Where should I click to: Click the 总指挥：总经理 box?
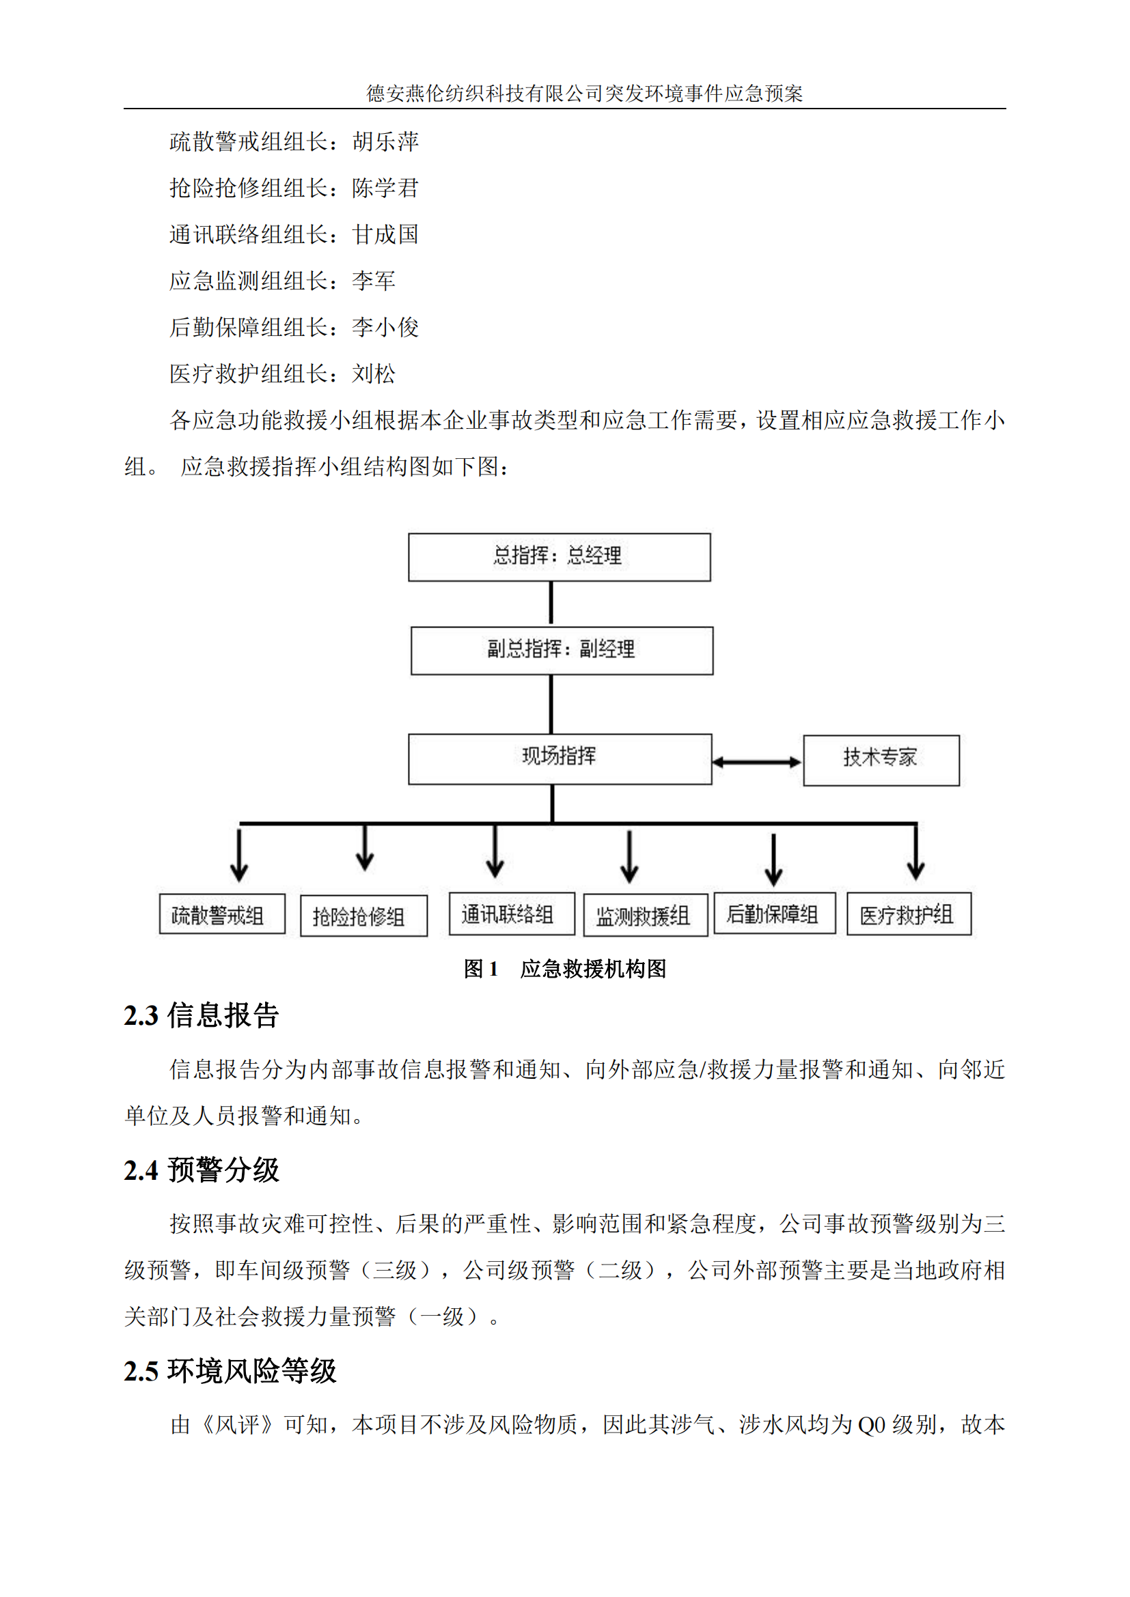pos(559,556)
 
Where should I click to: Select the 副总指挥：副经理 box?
pos(562,651)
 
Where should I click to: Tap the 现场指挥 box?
pos(560,759)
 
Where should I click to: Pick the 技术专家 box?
pos(881,760)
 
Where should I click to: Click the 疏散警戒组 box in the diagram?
pos(222,914)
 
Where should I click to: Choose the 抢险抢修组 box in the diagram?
pos(363,916)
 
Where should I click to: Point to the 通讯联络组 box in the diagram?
pos(512,914)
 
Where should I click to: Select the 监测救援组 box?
pos(645,915)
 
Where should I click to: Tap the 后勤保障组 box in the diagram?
pos(775,913)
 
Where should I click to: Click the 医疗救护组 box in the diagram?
pos(909,914)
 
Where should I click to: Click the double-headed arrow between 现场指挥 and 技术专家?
pos(757,762)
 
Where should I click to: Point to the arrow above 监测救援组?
pos(629,856)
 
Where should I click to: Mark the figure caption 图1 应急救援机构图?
pos(564,968)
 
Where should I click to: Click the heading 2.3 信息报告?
pos(201,1015)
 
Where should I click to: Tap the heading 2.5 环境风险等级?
pos(230,1371)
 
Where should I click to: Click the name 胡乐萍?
pos(385,142)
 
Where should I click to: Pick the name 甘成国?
pos(385,234)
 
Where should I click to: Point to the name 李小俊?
pos(385,327)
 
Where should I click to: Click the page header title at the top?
pos(585,94)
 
